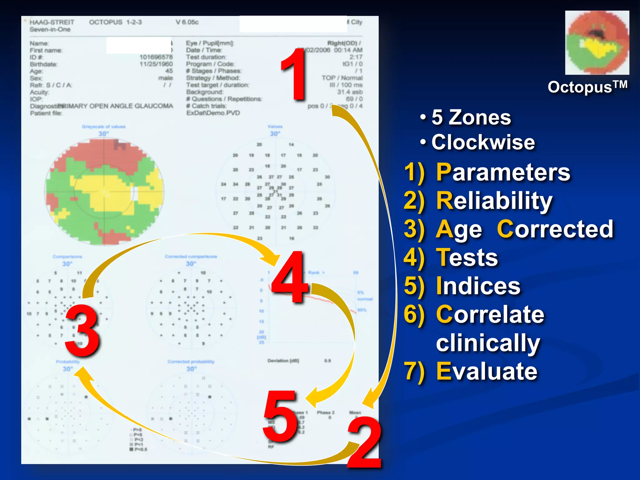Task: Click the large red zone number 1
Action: pos(294,75)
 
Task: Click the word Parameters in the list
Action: pos(503,172)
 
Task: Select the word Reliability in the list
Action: pos(494,201)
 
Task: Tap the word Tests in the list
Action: pos(467,258)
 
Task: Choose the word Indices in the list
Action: pos(478,286)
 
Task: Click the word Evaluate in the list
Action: pos(487,372)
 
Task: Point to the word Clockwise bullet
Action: pos(483,142)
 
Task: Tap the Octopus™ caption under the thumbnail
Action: pos(587,87)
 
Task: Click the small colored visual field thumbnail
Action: pos(597,43)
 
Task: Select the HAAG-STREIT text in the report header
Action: pos(52,22)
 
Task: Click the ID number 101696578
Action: pos(156,57)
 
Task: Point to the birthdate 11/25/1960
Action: pos(156,64)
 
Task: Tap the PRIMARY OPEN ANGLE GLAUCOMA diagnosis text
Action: pos(116,106)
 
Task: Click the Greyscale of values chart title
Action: pos(103,127)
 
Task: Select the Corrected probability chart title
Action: pos(191,362)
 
